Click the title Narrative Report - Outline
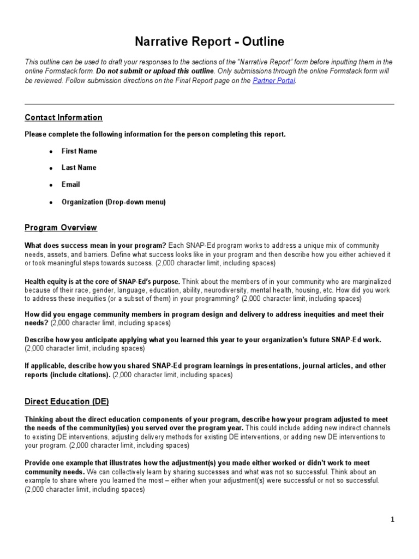tap(209, 42)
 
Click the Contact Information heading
tap(63, 117)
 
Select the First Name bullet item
tap(79, 151)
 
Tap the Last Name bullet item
tap(79, 168)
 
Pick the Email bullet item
tap(70, 185)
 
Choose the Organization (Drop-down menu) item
tap(113, 202)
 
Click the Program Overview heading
tap(61, 227)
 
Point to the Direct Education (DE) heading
tap(67, 401)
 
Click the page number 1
tap(392, 520)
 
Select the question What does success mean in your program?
tap(92, 246)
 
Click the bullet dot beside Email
tap(51, 185)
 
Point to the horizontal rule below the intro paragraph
tap(209, 104)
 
